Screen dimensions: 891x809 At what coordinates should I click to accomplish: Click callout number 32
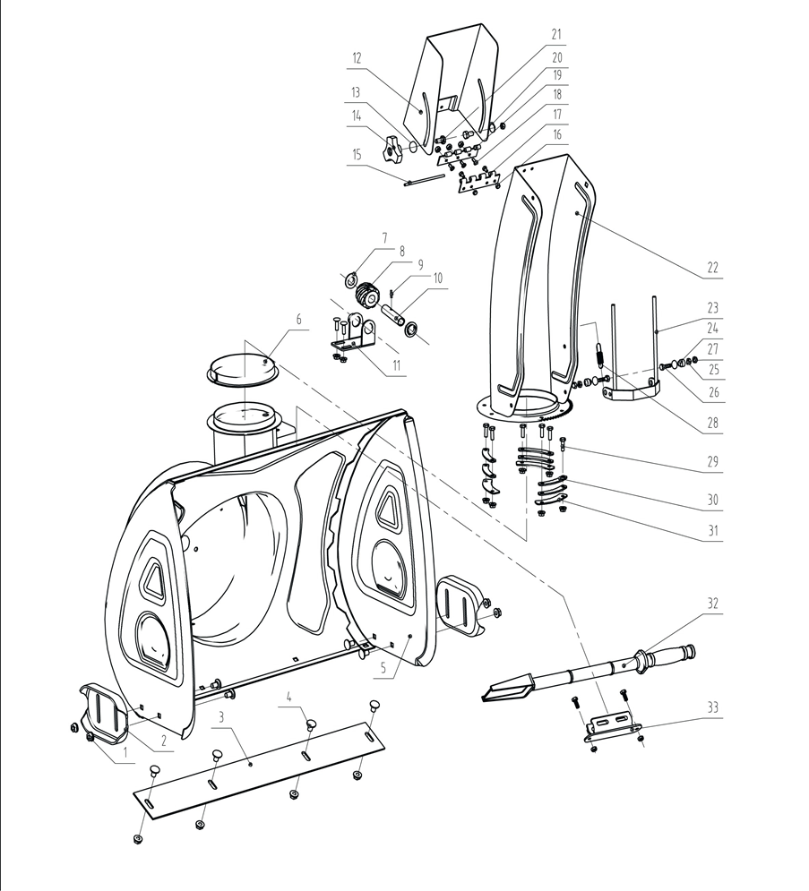[712, 603]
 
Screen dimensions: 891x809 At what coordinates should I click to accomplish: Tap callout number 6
[299, 319]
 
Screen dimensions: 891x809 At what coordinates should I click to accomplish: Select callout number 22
[713, 267]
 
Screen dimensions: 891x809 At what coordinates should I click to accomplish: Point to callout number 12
[357, 57]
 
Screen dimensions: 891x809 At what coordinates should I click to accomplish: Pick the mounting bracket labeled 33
[612, 724]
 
